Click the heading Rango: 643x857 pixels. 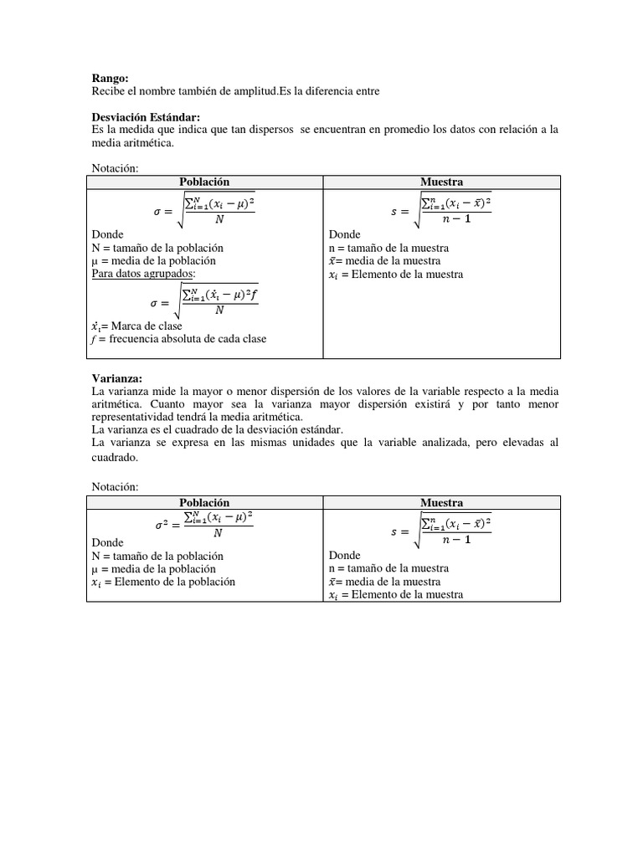pyautogui.click(x=108, y=77)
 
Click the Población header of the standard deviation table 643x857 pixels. pyautogui.click(x=204, y=182)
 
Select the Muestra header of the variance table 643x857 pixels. pyautogui.click(x=441, y=502)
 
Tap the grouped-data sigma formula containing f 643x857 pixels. pyautogui.click(x=205, y=300)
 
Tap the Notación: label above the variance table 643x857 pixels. pyautogui.click(x=113, y=486)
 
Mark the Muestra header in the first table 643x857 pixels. pyautogui.click(x=441, y=182)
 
